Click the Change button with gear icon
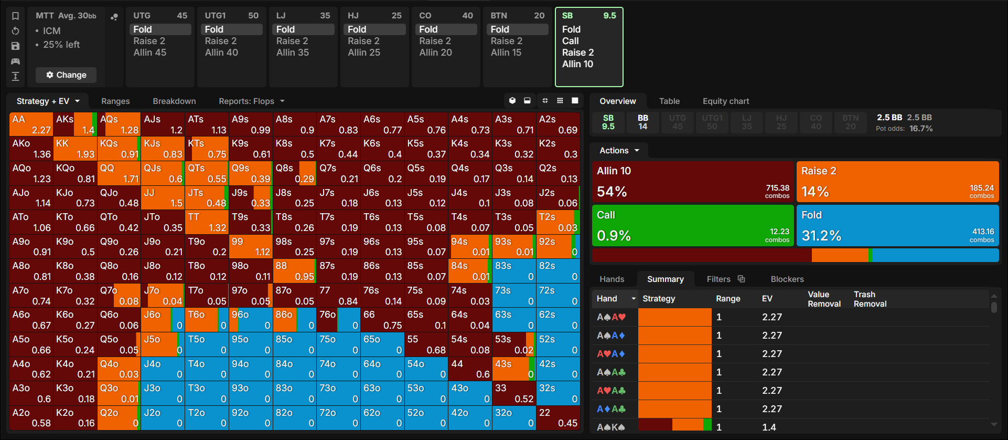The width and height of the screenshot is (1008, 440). point(66,75)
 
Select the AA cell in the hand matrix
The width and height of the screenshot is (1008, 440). point(31,124)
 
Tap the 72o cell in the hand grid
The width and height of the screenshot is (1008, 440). point(338,418)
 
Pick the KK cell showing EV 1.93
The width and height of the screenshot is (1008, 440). point(75,149)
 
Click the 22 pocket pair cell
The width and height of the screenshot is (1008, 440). point(558,418)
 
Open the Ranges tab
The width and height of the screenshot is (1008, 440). point(115,101)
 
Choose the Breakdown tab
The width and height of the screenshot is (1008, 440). point(174,101)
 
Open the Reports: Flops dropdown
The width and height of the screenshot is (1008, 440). point(252,101)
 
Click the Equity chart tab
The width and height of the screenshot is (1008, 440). point(726,101)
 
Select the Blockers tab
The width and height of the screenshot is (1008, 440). point(787,279)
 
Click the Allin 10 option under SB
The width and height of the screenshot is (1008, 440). point(577,64)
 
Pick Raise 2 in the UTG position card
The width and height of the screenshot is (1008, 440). point(149,41)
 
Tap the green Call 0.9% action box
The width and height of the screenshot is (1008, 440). point(692,225)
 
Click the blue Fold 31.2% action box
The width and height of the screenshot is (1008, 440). point(897,225)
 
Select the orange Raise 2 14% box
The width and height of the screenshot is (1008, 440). point(897,182)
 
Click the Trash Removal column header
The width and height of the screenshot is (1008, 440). point(870,299)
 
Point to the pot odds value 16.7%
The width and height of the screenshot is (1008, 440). point(921,129)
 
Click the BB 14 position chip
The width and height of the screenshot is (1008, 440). point(643,122)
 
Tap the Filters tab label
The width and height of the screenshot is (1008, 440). point(719,279)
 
